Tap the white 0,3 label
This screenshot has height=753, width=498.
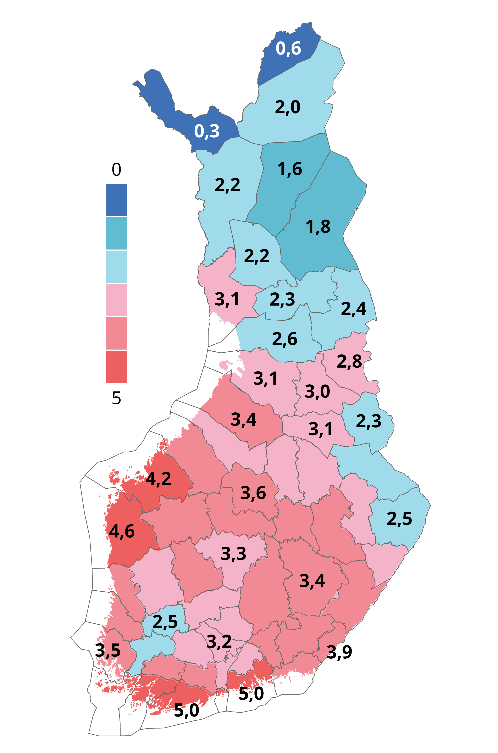[207, 131]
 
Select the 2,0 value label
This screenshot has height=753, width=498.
[287, 107]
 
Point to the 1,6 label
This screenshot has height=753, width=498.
[290, 169]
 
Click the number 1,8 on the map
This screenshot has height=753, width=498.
[318, 227]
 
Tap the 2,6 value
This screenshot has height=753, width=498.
[284, 339]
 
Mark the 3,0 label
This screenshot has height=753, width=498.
[317, 391]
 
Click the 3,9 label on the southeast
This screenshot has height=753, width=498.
[339, 652]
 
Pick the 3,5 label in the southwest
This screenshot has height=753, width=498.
[108, 651]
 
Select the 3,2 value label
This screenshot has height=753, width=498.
[219, 642]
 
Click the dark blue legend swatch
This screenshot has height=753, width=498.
[117, 200]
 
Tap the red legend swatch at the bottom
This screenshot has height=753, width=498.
[117, 367]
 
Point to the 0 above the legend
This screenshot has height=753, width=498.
[117, 170]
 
